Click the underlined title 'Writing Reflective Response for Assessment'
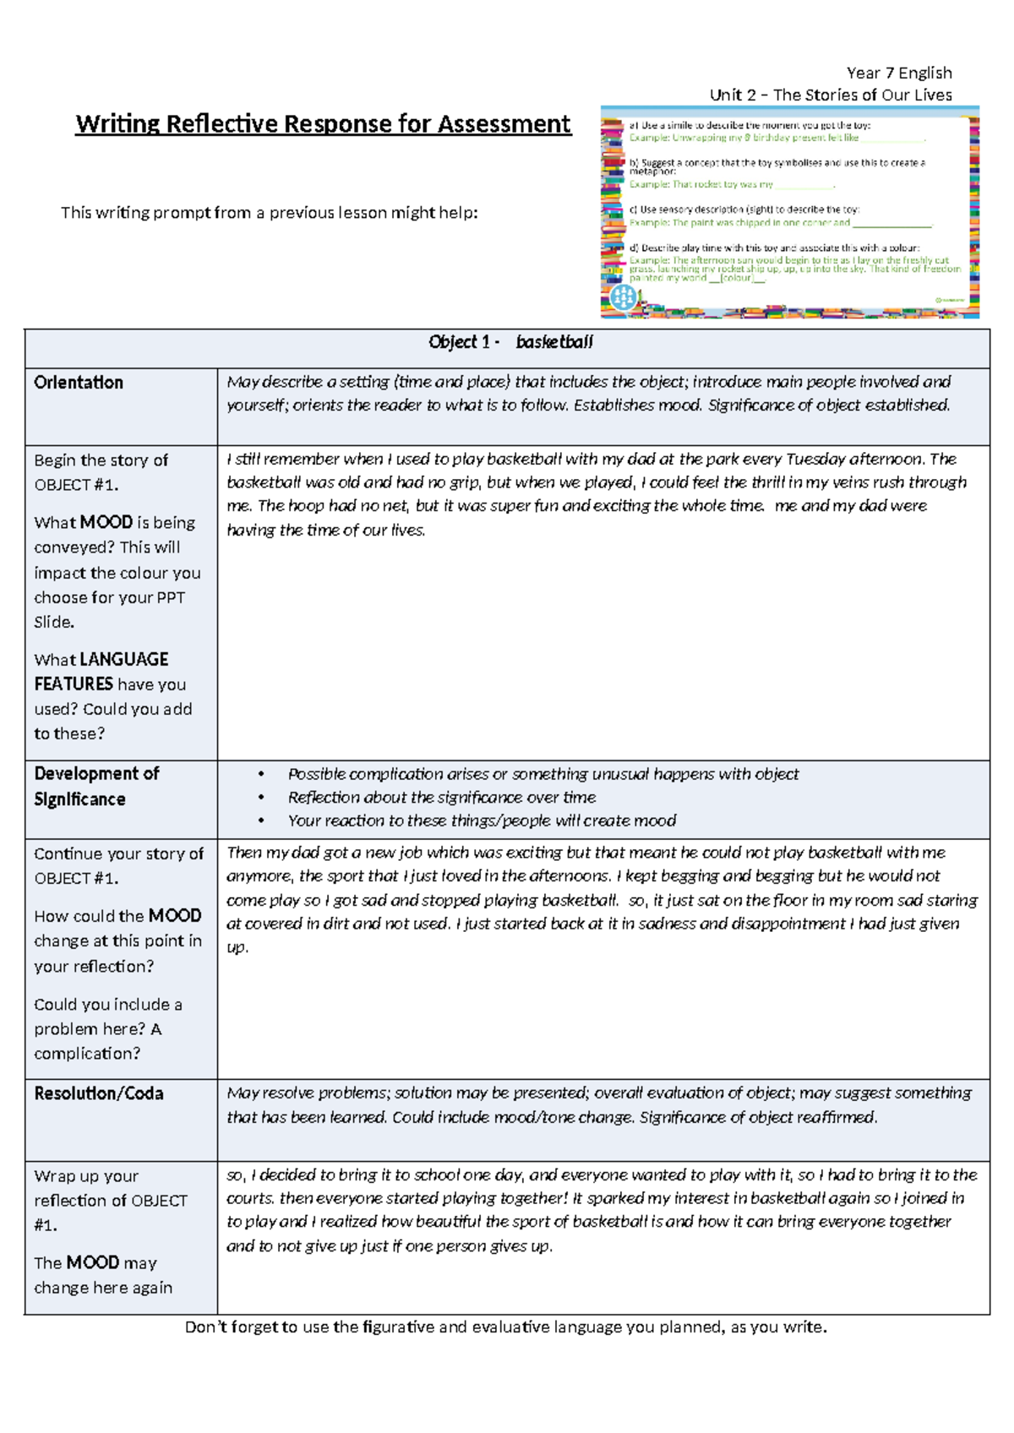click(323, 124)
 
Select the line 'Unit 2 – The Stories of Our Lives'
click(830, 95)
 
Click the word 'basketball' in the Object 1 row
click(554, 342)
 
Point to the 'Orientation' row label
click(79, 383)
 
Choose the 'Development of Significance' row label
click(96, 786)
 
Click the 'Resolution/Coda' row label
click(99, 1093)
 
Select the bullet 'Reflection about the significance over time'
click(441, 798)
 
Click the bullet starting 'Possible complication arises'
click(542, 774)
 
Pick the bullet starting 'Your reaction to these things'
click(481, 820)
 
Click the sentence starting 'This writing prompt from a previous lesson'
click(269, 213)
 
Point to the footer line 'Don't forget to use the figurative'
click(505, 1327)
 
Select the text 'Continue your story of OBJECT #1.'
click(118, 865)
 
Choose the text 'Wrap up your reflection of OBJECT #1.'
click(110, 1200)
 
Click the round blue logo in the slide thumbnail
click(623, 297)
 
